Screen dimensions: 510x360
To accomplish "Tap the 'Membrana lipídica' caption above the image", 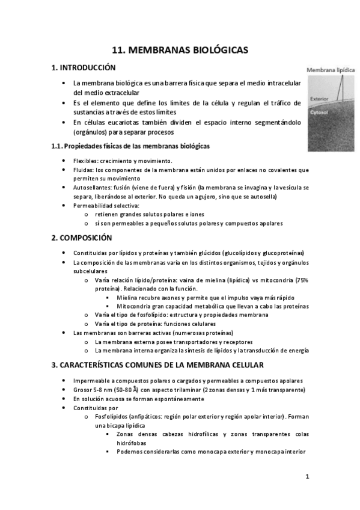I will [331, 70].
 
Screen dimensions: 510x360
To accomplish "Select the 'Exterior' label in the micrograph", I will [319, 99].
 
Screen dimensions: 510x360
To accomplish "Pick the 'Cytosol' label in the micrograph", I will [319, 112].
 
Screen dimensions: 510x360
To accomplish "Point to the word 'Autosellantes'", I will [91, 188].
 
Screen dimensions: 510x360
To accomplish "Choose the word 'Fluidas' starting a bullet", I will [83, 170].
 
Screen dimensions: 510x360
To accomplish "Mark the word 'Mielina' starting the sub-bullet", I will [127, 298].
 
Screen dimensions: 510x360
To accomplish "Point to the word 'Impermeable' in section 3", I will [91, 381].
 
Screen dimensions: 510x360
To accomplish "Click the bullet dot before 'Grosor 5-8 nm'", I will [64, 390].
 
